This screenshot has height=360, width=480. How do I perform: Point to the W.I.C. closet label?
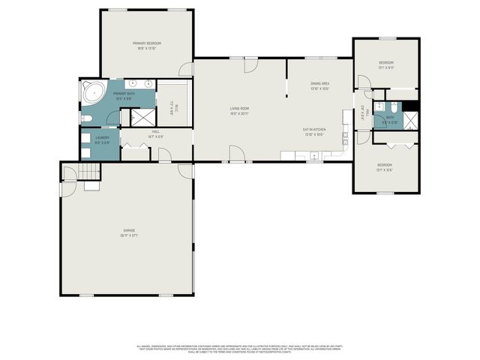point(172,109)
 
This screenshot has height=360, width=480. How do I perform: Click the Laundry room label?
point(103,139)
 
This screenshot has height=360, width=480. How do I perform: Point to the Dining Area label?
point(320,86)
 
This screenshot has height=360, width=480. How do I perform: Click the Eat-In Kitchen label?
point(313,131)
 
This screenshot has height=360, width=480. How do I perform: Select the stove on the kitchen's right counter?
point(346,138)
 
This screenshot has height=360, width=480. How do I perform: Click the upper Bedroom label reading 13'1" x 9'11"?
point(386,64)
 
